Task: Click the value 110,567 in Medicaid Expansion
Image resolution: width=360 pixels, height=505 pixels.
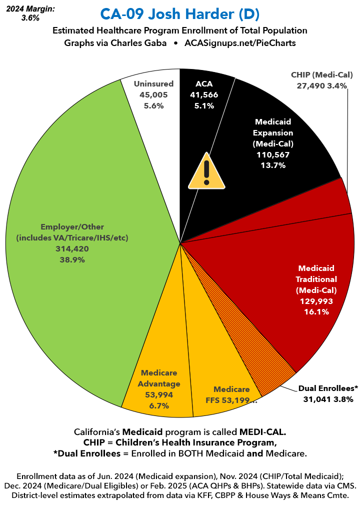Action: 273,154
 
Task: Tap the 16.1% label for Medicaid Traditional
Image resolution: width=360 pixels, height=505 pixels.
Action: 315,311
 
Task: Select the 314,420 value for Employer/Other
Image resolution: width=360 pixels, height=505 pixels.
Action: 72,248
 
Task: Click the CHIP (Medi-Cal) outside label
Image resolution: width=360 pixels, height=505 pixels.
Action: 322,74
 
